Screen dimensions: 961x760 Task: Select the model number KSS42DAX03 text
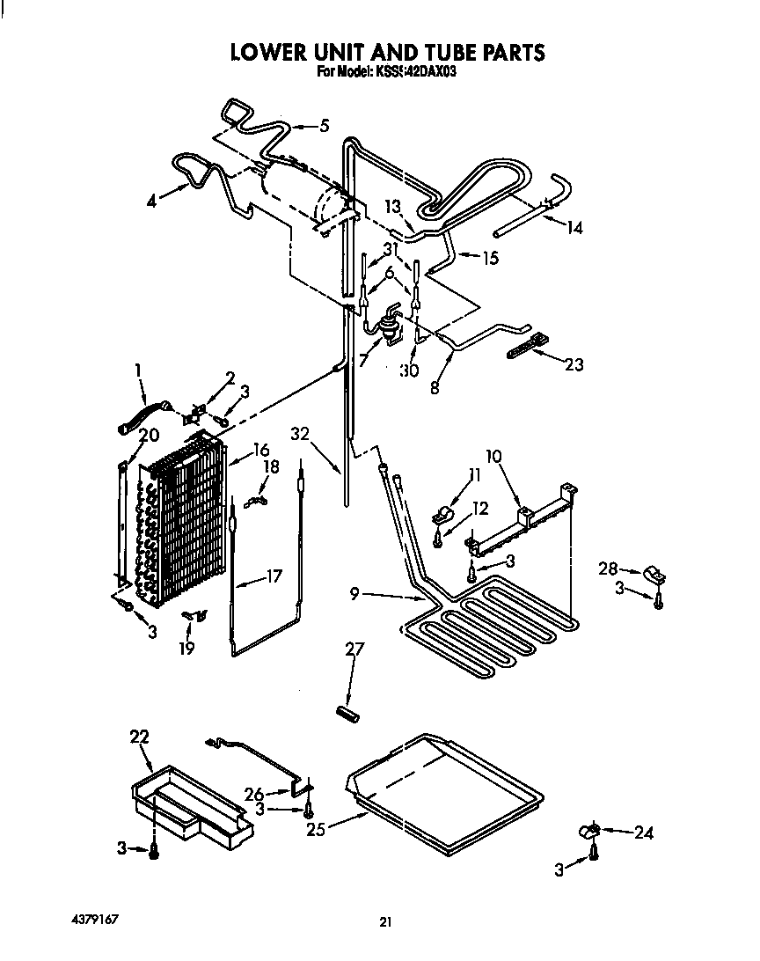point(413,74)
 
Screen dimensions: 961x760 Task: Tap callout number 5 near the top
point(324,126)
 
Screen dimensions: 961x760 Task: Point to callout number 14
point(574,228)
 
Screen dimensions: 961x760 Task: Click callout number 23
point(574,364)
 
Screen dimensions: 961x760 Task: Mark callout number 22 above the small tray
point(140,737)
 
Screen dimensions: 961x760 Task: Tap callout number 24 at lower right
point(644,833)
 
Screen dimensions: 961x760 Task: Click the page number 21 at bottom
point(384,922)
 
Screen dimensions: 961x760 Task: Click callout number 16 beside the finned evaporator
point(260,450)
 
